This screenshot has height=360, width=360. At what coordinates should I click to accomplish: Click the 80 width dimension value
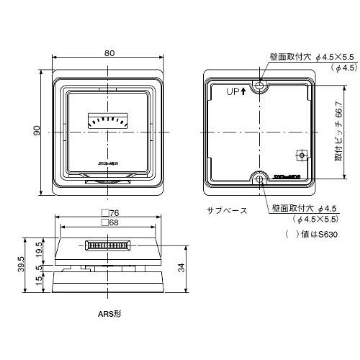109,52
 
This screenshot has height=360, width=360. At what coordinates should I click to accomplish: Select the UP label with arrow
237,91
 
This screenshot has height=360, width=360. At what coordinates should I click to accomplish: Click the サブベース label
226,210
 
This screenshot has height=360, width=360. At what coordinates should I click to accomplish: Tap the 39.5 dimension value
22,264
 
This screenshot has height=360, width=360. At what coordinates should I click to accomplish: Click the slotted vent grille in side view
108,246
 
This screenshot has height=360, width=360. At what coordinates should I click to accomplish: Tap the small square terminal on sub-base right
302,155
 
